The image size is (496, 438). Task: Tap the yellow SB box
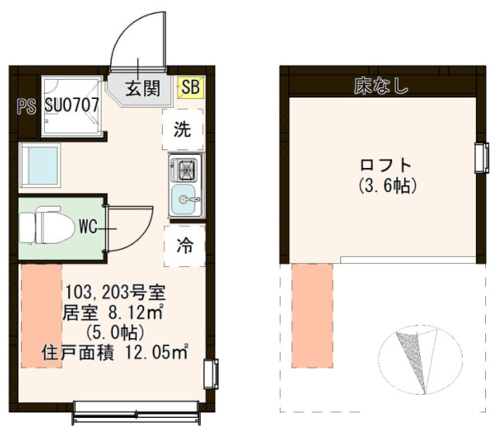click(x=190, y=87)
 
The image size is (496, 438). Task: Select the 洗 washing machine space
click(x=182, y=129)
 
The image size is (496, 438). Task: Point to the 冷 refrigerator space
click(x=184, y=246)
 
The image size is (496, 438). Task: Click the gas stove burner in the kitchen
click(x=185, y=167)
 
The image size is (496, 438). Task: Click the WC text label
click(x=87, y=228)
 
